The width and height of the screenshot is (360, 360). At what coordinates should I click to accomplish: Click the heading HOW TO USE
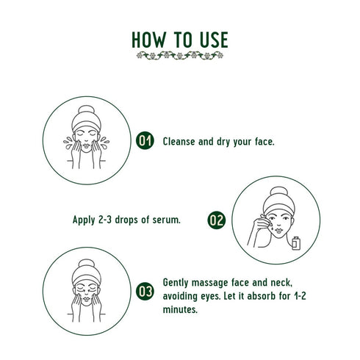(180, 38)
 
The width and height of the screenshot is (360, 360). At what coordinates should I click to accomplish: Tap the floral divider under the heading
(180, 56)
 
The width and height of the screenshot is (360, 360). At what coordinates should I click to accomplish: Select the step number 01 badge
(145, 141)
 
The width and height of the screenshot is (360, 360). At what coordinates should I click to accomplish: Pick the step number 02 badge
(216, 220)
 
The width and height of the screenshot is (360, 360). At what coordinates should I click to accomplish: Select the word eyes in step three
(212, 296)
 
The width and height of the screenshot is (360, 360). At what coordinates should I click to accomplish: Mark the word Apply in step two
(84, 220)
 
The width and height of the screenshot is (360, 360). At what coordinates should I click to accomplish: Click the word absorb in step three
(257, 296)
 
